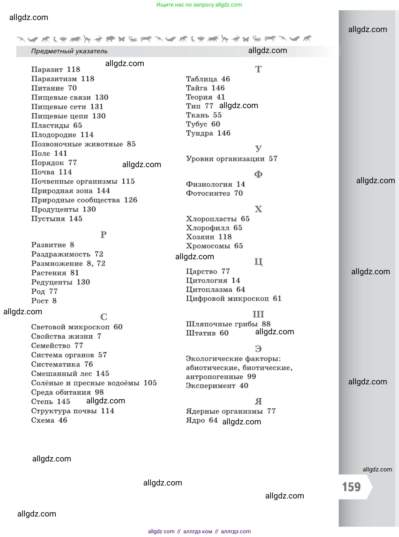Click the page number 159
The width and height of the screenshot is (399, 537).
[351, 487]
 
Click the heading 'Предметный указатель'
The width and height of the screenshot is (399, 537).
[69, 51]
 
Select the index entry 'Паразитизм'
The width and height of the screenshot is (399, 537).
[54, 79]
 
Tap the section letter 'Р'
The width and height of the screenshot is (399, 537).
[103, 235]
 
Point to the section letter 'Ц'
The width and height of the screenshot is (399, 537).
[258, 262]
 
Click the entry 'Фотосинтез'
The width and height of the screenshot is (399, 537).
[208, 193]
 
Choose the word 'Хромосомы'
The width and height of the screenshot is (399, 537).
[208, 246]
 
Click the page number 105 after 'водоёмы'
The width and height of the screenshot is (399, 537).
[150, 383]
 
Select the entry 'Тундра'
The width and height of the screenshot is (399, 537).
[199, 133]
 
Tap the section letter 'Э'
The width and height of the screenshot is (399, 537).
[258, 349]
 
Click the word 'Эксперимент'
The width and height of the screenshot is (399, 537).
[210, 386]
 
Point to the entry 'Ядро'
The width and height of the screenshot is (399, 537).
[195, 420]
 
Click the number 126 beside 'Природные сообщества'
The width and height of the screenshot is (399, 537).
[130, 200]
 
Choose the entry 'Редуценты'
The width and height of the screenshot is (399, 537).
[52, 282]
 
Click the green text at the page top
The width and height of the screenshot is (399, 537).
[199, 5]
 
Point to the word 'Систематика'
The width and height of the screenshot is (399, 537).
[55, 364]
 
